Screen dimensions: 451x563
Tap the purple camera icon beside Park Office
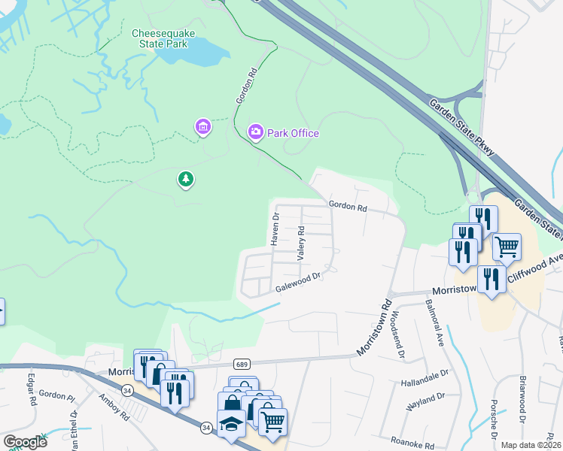(256, 133)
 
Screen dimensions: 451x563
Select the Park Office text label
(293, 133)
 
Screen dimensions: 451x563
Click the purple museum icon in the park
(202, 127)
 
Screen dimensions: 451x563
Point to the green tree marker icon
(185, 179)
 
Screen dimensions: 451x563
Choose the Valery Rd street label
(300, 244)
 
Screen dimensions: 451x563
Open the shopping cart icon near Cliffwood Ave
(507, 246)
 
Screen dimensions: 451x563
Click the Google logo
(25, 442)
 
